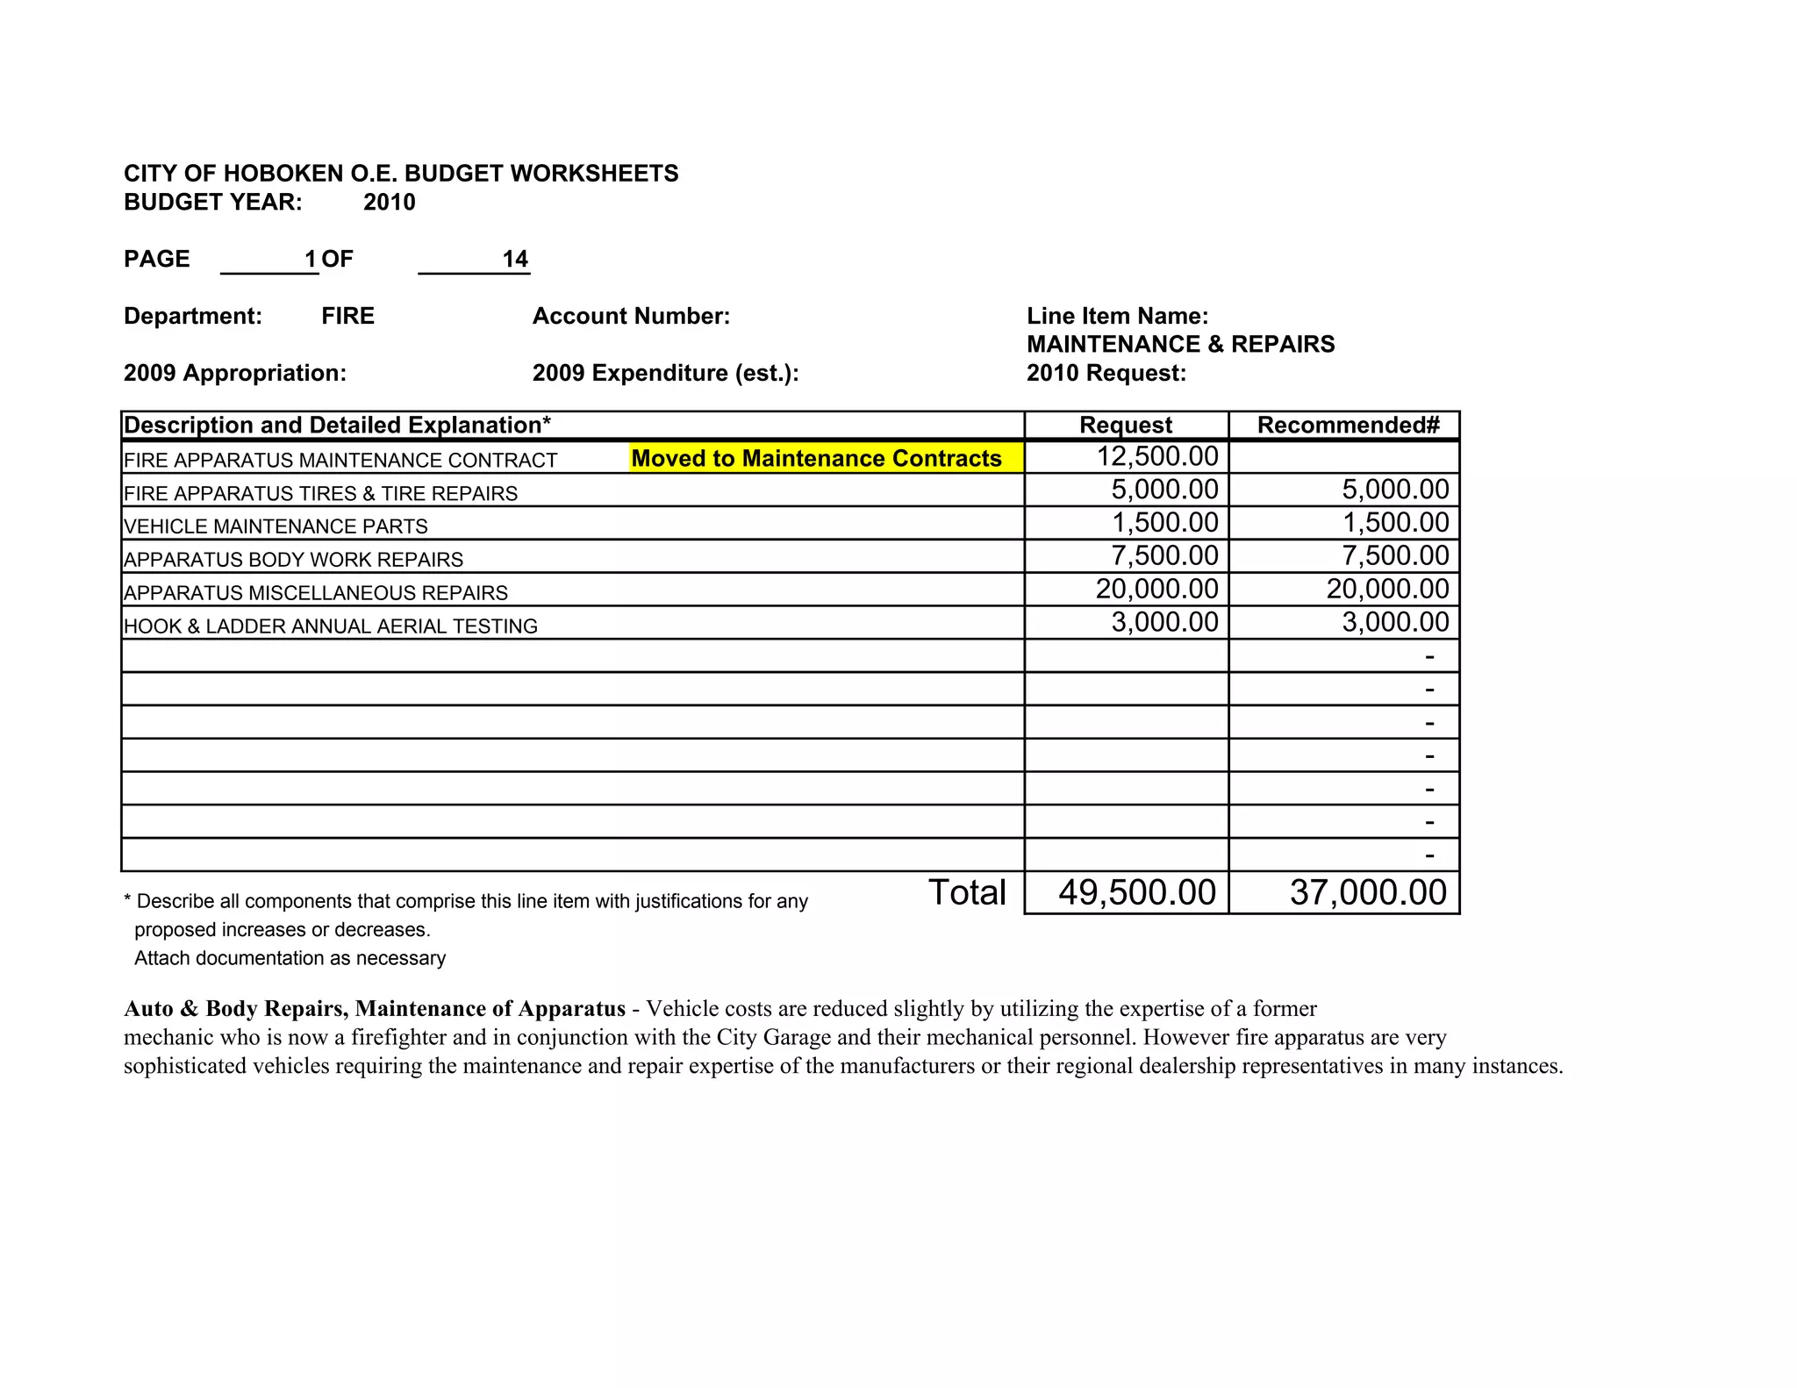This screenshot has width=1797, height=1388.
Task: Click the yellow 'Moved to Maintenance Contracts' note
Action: point(816,458)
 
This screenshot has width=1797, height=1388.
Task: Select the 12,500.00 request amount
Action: point(1157,456)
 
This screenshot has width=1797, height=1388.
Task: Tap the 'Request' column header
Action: point(1125,426)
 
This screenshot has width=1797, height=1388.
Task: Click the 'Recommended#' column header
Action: point(1348,426)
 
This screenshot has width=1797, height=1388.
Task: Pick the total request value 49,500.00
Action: point(1136,892)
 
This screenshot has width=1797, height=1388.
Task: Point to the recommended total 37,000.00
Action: point(1368,892)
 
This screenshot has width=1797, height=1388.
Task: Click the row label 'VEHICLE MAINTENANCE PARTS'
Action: point(276,526)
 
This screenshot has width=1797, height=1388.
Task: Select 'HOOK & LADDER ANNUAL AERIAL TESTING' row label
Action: point(330,626)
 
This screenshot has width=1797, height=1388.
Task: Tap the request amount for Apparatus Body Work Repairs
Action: point(1164,555)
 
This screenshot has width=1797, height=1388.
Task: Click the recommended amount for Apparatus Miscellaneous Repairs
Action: point(1387,589)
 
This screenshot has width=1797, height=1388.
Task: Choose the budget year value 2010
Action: point(389,203)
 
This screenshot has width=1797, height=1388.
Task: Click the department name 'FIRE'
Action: point(347,316)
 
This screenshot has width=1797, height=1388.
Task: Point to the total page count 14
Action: point(515,259)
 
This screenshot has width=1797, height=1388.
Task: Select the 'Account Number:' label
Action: point(631,316)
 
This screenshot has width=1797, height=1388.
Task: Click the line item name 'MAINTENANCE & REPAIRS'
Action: point(1180,344)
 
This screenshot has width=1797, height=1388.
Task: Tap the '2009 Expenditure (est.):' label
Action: point(665,373)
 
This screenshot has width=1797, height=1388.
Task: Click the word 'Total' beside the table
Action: point(967,892)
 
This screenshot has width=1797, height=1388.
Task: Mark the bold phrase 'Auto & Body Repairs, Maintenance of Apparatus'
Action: point(375,1009)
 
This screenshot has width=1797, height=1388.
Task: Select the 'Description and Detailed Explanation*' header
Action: point(337,426)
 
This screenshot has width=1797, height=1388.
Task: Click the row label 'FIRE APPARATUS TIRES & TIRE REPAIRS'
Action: point(320,493)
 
